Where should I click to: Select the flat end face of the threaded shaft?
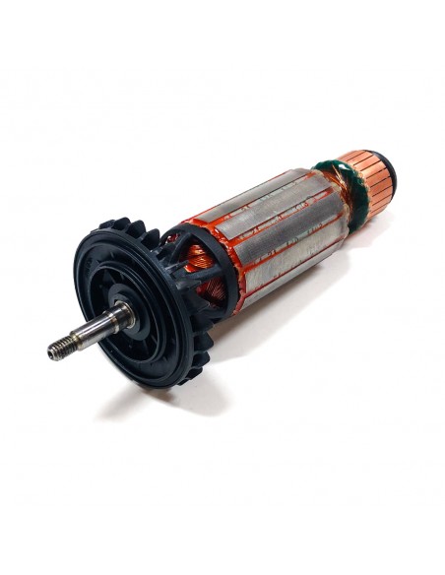click(x=50, y=351)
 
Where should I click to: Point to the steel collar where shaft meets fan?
click(x=122, y=317)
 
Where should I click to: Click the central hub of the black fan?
click(x=138, y=309)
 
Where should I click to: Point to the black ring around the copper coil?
click(x=173, y=246)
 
